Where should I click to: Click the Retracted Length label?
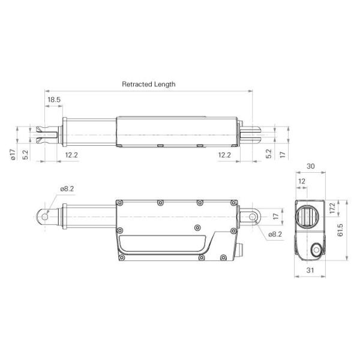click(x=148, y=85)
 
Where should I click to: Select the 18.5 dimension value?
click(x=54, y=100)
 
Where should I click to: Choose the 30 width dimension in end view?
click(x=310, y=166)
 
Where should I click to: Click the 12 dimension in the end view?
click(x=302, y=181)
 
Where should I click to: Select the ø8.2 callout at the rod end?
click(x=67, y=188)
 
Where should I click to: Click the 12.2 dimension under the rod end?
click(x=71, y=155)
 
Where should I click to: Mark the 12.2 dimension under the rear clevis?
click(x=225, y=155)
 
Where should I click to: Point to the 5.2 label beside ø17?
click(x=25, y=155)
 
